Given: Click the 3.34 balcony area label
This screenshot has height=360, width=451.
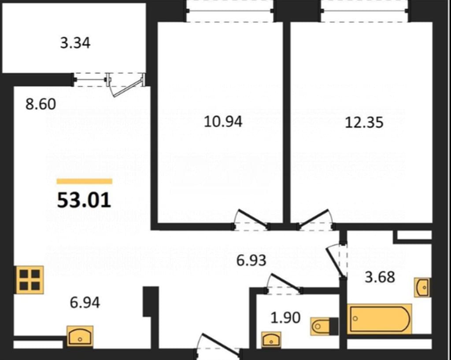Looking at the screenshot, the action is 75,43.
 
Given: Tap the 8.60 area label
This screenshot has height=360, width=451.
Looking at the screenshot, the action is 41,104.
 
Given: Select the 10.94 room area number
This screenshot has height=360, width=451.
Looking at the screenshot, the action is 223,121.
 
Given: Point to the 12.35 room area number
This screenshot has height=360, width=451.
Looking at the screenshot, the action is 364,122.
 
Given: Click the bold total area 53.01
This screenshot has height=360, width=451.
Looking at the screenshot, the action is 84,200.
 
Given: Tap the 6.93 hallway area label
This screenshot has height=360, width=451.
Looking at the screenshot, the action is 251,261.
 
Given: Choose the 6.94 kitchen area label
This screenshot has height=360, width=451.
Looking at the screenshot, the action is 85,302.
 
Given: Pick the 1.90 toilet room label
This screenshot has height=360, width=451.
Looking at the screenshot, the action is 285,317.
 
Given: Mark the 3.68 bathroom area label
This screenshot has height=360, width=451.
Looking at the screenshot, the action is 380,277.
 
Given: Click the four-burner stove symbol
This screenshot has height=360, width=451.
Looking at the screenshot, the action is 30,280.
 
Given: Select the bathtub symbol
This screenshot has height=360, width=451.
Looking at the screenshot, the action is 379,319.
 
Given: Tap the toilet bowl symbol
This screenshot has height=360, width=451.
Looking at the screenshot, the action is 324,326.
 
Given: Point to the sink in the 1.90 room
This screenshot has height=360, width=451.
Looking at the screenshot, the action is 271,339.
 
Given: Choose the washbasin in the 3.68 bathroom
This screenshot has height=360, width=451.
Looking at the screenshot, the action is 422,287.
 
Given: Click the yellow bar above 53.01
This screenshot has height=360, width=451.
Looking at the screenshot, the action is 84,181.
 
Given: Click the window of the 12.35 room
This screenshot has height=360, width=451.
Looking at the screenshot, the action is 364,11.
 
